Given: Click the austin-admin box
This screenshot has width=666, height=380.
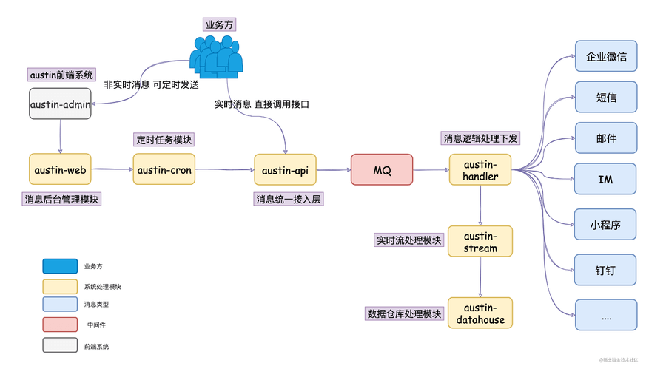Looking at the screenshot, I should point(60,104).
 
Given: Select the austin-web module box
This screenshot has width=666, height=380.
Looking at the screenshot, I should point(60,170).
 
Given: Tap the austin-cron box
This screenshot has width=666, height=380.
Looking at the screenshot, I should point(164,170).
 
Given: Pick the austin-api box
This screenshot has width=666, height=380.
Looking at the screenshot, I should point(285,170).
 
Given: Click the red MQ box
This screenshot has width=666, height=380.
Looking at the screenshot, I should point(381,170).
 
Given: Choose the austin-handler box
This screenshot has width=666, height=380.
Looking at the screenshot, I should point(480,170).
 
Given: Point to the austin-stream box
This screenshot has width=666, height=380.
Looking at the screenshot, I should point(480,242).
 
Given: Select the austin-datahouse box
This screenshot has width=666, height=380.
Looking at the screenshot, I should point(480,313).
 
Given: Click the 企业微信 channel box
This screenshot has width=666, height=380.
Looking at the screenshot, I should point(606,56).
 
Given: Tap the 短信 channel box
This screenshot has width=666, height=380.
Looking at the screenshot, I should point(606,97).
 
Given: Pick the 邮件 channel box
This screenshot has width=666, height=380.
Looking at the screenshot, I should point(606,138).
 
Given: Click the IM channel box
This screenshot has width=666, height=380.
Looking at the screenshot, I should point(606,180).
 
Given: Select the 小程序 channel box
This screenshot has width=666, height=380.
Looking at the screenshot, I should point(606,225).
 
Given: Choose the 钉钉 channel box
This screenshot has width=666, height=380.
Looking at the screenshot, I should point(606,270).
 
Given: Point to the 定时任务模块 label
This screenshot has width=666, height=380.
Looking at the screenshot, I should point(164,140).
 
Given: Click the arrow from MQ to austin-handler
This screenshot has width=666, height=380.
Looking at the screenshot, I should point(431,170).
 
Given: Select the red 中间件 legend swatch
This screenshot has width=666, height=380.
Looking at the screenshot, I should point(60,324).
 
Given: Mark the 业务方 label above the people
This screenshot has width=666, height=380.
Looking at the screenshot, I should point(218,24).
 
